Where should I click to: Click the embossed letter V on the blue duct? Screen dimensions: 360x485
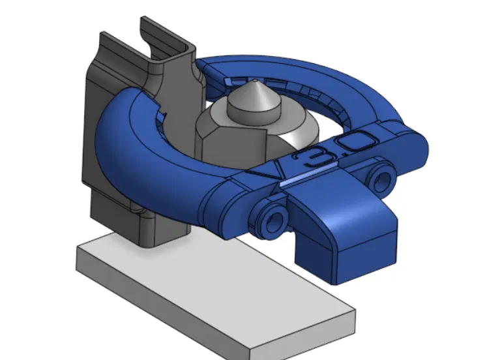pos(266,171)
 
